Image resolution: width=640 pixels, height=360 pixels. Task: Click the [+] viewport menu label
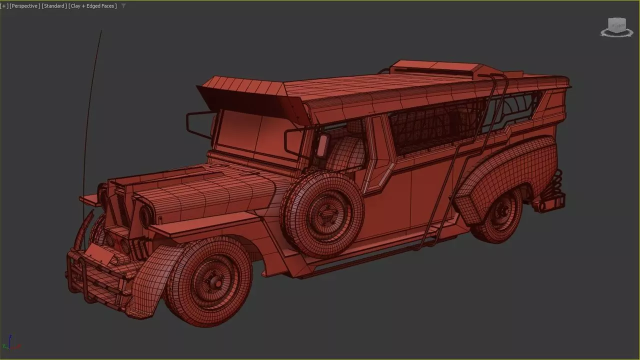(4, 6)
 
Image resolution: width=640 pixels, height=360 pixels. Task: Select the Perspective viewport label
(24, 6)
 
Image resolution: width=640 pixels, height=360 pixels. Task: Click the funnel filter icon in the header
(123, 6)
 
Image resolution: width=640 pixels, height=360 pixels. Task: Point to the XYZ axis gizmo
(10, 343)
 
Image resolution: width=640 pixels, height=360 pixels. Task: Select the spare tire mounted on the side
(323, 212)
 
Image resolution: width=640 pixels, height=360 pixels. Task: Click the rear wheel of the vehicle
(497, 215)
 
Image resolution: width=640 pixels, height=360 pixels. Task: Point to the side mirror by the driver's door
(322, 145)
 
